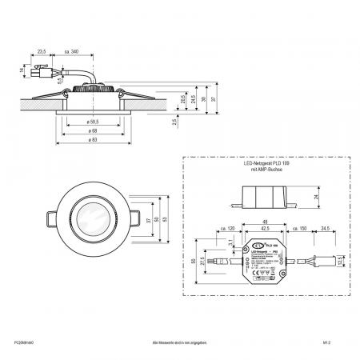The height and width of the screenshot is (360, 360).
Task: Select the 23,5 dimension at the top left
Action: tap(42, 51)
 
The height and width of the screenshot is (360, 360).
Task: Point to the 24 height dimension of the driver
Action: tap(317, 197)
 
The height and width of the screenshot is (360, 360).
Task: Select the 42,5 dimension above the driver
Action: tap(265, 229)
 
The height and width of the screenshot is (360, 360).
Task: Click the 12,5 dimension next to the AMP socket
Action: tap(345, 260)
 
